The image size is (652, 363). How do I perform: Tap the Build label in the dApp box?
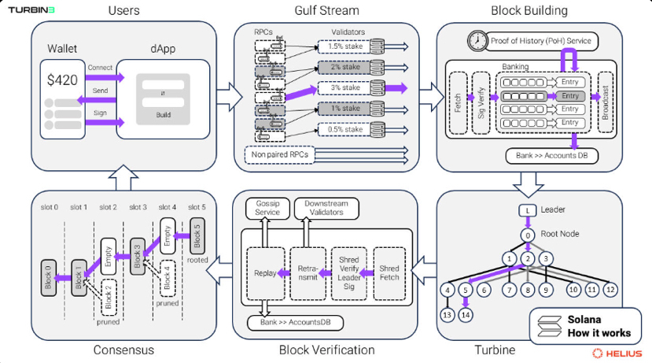tap(164, 116)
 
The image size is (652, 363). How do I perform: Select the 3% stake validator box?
tap(347, 88)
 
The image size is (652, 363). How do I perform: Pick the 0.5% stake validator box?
tap(347, 128)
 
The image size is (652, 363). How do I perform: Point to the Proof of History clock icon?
tap(477, 39)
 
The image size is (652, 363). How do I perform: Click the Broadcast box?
tap(606, 102)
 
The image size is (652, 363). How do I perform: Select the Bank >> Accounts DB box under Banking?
tap(551, 155)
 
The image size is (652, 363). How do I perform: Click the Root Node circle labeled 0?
tap(528, 235)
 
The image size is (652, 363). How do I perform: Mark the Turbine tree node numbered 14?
tap(466, 315)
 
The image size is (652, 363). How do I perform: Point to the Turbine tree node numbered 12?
tap(611, 290)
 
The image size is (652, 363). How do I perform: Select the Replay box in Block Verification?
tap(265, 273)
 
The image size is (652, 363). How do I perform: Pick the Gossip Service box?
tap(267, 208)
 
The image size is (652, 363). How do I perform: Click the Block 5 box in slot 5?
tap(197, 234)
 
